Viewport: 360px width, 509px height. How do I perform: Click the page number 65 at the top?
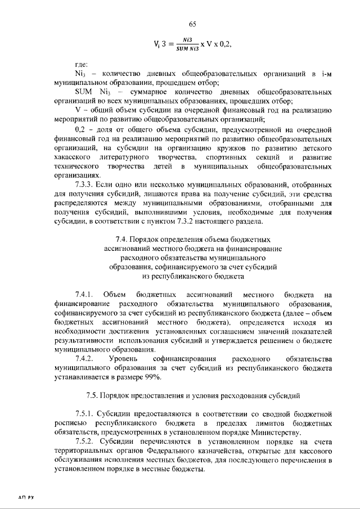[192, 24]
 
